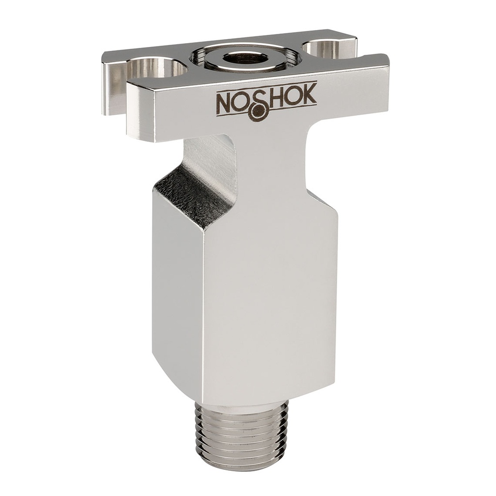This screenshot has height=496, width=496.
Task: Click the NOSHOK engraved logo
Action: [266, 100]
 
